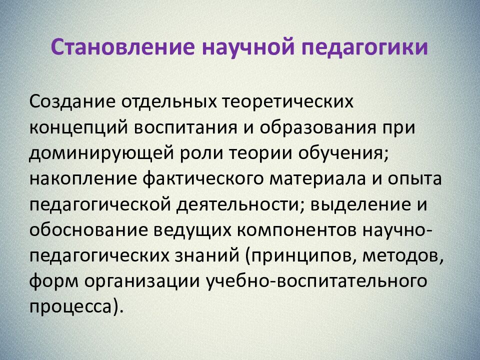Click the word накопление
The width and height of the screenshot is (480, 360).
click(80, 179)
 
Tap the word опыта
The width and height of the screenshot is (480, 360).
click(418, 179)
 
